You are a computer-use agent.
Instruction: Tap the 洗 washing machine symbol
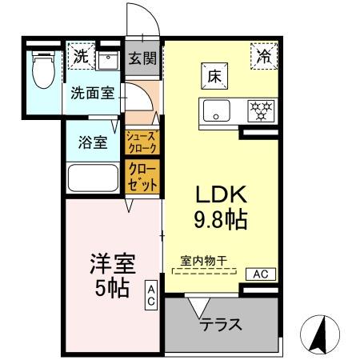coord(81,56)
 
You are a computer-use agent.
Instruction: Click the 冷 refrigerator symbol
coord(263,55)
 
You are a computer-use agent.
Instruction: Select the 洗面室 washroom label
coord(93,92)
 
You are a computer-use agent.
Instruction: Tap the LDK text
coord(210,194)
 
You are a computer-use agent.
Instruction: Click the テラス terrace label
coord(222,325)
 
